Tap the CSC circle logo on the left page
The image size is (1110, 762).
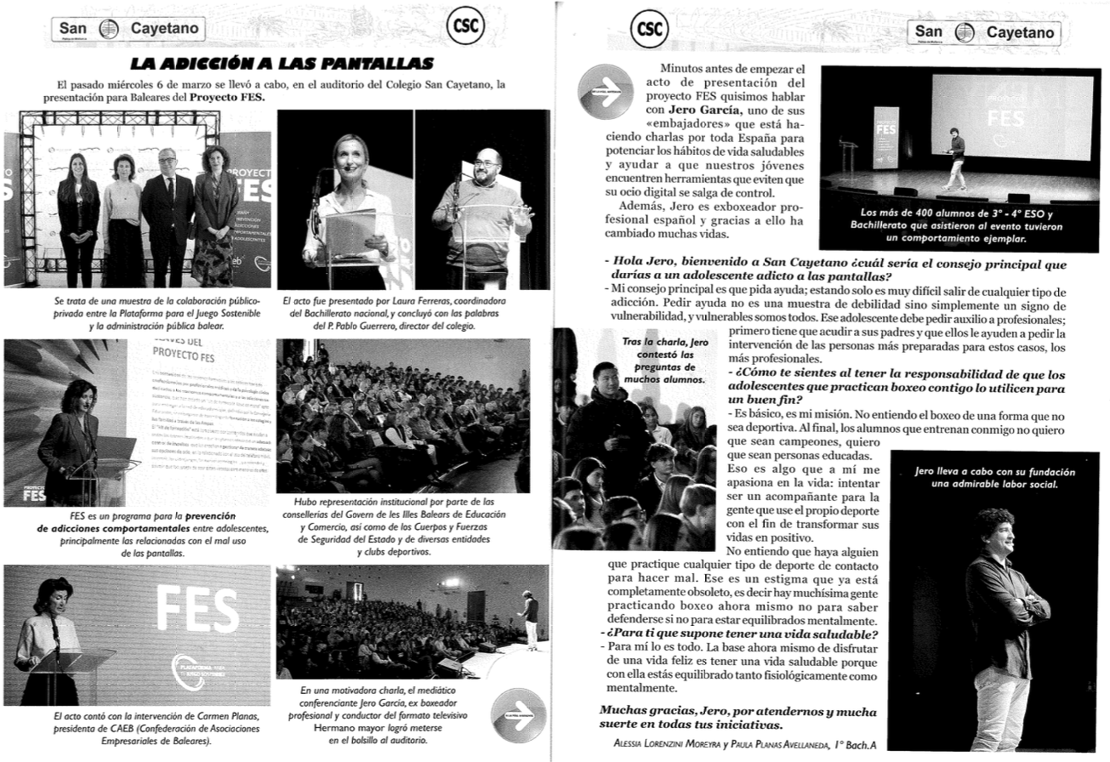[464, 28]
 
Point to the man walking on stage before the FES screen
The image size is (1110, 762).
[957, 159]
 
